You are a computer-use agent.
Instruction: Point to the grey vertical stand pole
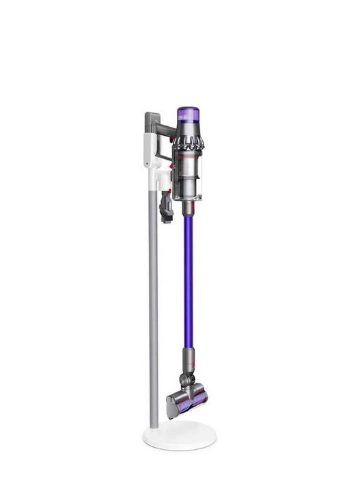pyautogui.click(x=153, y=309)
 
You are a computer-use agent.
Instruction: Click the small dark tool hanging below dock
pyautogui.click(x=166, y=206)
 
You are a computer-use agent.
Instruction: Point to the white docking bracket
pyautogui.click(x=152, y=154)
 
